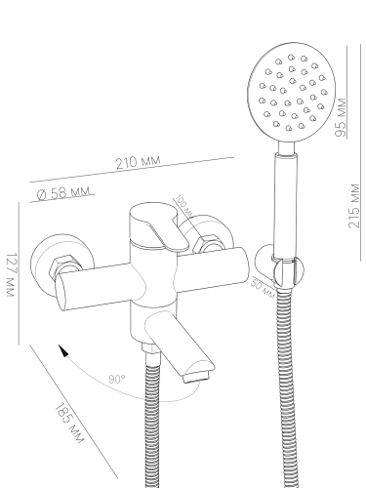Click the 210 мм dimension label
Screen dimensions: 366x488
139,162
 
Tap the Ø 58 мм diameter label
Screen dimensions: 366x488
63,192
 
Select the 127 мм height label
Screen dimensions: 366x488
11,274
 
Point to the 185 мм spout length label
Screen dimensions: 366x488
68,424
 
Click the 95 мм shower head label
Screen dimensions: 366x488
341,117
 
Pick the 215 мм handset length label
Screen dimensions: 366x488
354,206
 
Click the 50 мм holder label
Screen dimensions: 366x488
263,288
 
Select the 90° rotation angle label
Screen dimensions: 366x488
116,379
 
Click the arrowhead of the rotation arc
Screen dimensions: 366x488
63,350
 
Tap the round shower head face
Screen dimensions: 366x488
292,93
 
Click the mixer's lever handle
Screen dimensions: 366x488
159,227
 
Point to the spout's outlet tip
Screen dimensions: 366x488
196,378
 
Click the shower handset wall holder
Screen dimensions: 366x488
279,266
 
